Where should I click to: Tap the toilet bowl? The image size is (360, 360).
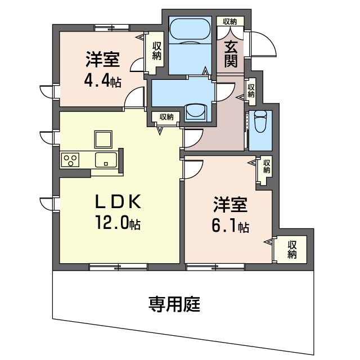[x=260, y=121]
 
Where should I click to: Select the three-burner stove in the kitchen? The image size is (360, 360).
[x=70, y=160]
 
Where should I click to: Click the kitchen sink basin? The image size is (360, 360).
[x=106, y=160]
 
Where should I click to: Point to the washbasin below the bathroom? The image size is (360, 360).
[x=195, y=112]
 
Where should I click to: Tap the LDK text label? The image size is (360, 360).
[x=118, y=202]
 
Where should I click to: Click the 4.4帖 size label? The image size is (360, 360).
[x=102, y=81]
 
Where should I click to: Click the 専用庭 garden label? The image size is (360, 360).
[x=174, y=304]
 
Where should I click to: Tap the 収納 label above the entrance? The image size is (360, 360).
[x=230, y=21]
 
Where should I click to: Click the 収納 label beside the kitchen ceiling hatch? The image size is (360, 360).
[x=166, y=117]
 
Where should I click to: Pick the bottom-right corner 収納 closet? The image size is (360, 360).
[x=291, y=250]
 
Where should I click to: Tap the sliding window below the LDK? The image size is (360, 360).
[x=118, y=267]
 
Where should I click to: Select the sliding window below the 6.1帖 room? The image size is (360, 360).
[x=215, y=267]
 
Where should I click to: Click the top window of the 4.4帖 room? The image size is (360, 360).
[x=112, y=28]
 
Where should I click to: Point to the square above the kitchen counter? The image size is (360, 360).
[x=103, y=139]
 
